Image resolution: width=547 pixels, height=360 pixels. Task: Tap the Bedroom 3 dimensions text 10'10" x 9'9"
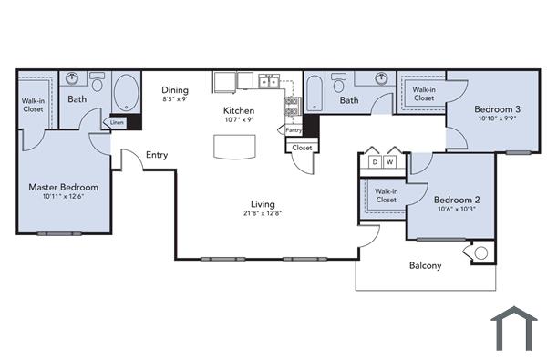(497, 118)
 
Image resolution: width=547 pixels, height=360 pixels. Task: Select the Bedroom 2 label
(456, 200)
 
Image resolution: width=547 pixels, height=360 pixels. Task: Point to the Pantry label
(294, 130)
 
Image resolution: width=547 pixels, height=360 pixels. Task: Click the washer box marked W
(390, 162)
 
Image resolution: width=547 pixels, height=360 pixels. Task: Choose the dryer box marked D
(374, 162)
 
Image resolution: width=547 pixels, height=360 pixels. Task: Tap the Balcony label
(424, 266)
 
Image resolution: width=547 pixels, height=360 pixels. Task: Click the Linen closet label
(117, 121)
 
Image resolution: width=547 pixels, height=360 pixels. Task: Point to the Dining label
(175, 89)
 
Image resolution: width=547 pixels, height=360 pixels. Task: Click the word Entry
(157, 155)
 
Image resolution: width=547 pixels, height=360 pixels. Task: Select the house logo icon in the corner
(514, 328)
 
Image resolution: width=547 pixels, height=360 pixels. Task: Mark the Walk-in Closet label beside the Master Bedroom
(33, 105)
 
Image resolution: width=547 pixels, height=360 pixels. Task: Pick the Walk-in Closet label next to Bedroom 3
(424, 94)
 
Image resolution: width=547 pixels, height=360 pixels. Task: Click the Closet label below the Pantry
(302, 147)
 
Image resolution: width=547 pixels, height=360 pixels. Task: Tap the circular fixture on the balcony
(481, 252)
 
